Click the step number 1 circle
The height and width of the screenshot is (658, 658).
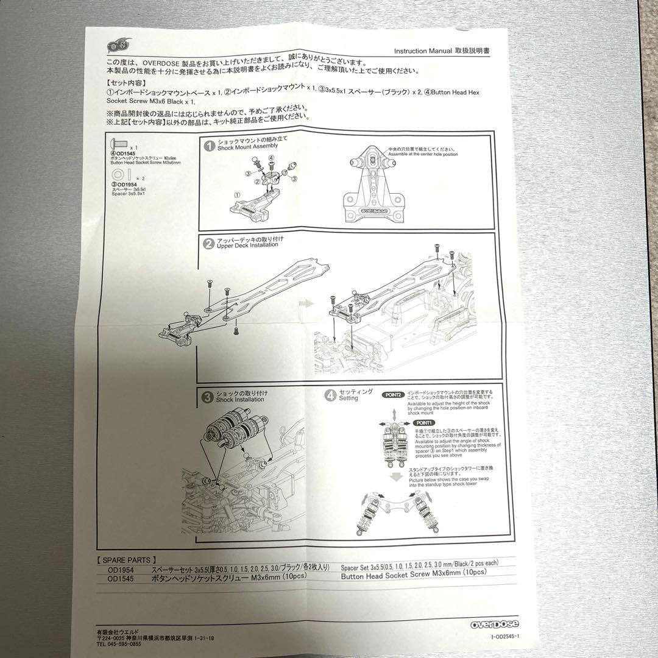click(209, 146)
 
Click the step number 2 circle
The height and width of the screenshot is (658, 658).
click(208, 243)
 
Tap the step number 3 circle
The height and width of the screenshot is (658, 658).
click(208, 397)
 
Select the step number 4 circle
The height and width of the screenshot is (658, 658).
click(330, 394)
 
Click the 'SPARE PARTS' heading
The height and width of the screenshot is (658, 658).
click(127, 559)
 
